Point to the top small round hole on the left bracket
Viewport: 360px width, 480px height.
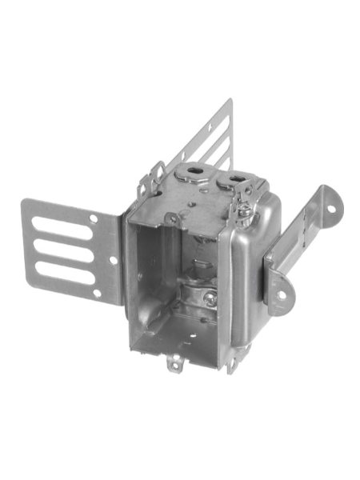point(94,218)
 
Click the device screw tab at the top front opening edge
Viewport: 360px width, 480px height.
point(171,218)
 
